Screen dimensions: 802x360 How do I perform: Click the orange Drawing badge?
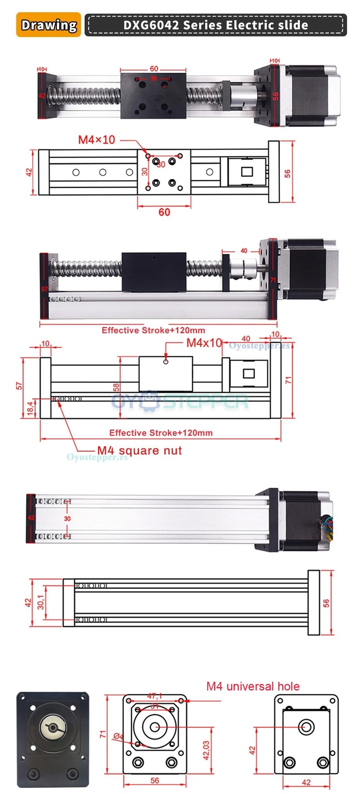[49, 25]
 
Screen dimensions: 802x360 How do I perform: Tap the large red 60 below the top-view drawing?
[164, 212]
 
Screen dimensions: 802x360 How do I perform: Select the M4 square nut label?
[139, 450]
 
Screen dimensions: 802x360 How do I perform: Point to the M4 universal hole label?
[253, 686]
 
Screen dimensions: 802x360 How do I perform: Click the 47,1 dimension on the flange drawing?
[154, 696]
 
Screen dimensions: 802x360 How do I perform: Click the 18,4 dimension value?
[30, 408]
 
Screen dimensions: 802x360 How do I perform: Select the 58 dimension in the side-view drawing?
[116, 387]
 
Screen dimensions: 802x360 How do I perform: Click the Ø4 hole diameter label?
[118, 736]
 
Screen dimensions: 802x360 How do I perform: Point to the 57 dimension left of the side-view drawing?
[19, 385]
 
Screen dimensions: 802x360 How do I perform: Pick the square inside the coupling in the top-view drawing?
[247, 172]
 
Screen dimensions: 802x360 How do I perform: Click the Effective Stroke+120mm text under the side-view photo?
[153, 330]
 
